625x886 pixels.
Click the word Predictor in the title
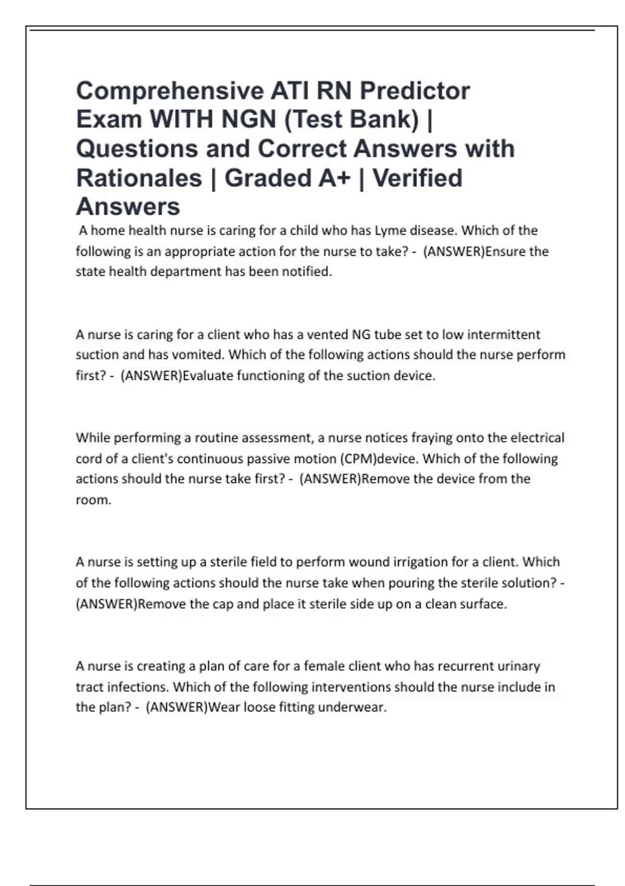coord(415,91)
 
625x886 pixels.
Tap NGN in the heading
coord(248,120)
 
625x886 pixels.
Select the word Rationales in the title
coord(139,178)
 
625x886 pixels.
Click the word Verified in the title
coord(417,178)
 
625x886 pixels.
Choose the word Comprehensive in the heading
coord(169,91)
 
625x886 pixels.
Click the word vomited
coord(198,355)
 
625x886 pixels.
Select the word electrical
coord(537,438)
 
